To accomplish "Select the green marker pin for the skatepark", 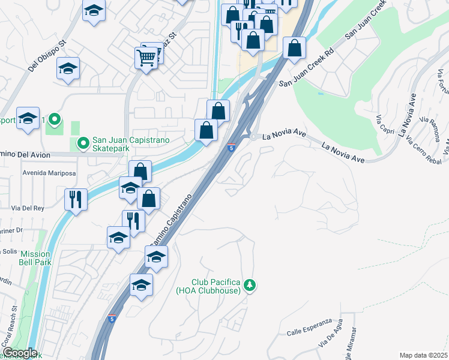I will pyautogui.click(x=82, y=143).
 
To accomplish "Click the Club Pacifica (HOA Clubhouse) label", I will pyautogui.click(x=216, y=286).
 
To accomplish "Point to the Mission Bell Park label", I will pyautogui.click(x=35, y=258).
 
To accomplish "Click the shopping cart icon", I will pyautogui.click(x=146, y=58).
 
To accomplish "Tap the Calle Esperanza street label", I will pyautogui.click(x=309, y=331).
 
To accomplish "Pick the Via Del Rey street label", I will pyautogui.click(x=28, y=209).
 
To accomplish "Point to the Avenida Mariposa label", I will pyautogui.click(x=49, y=173).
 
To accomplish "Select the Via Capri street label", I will pyautogui.click(x=384, y=125).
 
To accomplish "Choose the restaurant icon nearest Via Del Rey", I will pyautogui.click(x=76, y=199).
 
